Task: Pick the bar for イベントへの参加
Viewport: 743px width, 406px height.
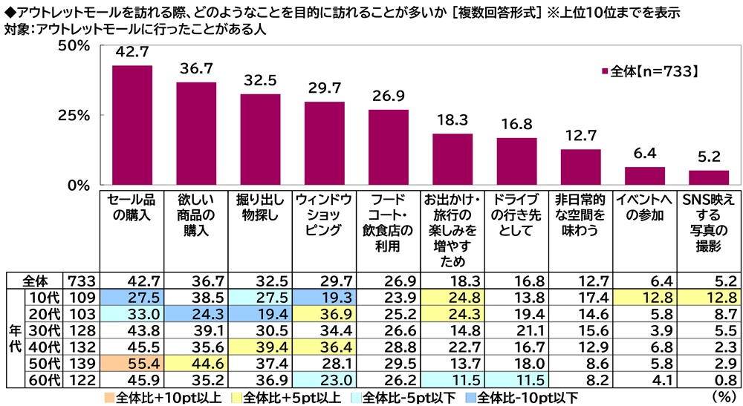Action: tap(645, 176)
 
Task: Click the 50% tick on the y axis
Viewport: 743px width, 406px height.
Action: tap(74, 46)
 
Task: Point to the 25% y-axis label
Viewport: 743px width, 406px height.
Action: tap(74, 116)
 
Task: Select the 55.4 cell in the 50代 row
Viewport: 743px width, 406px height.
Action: tap(132, 362)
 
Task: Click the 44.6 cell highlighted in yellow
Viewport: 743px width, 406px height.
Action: tap(196, 362)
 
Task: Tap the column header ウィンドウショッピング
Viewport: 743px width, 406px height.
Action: tap(324, 215)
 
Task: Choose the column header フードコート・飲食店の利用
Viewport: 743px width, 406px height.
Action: tap(388, 223)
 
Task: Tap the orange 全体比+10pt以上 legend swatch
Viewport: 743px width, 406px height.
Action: tap(110, 396)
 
